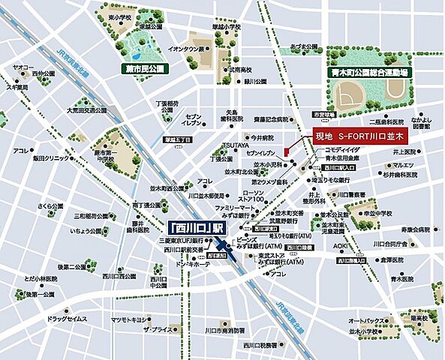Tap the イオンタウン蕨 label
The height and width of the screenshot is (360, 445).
click(x=188, y=49)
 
